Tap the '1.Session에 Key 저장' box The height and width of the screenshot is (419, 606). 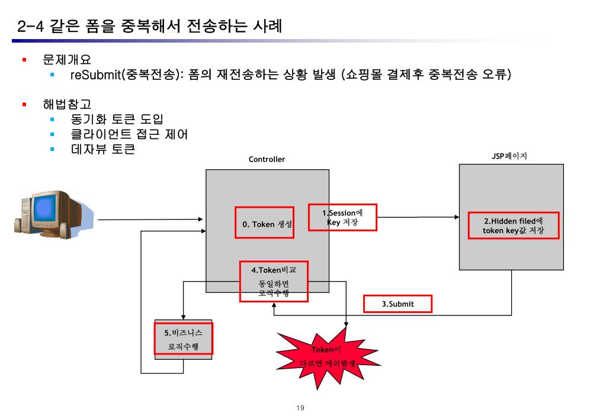pos(342,217)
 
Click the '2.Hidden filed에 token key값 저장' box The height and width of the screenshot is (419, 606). pos(513,225)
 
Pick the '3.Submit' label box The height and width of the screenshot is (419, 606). pos(397,304)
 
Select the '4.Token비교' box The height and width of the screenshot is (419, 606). pos(274,281)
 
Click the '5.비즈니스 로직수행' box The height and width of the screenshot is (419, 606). pos(183,339)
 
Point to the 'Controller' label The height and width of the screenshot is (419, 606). pos(267,159)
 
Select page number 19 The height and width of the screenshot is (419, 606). pos(300,408)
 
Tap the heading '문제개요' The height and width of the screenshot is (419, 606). pos(66,60)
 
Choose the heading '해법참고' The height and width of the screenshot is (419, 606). pos(66,105)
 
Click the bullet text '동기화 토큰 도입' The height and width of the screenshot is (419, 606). pos(117,120)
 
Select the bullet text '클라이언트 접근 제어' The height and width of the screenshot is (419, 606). pos(129,134)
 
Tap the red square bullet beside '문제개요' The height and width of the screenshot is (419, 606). pos(25,60)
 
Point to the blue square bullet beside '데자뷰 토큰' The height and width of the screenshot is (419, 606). pos(53,149)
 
